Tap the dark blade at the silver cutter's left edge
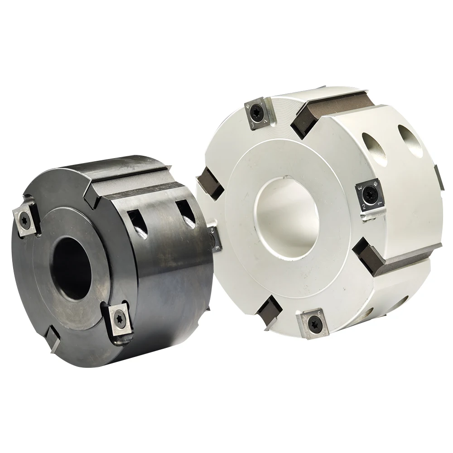[209, 183]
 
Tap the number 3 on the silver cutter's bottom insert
[320, 312]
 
